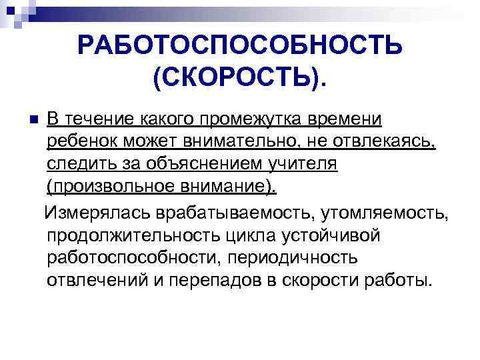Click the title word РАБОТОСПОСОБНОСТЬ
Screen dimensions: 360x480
click(239, 46)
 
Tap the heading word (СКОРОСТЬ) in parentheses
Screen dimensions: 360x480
click(237, 77)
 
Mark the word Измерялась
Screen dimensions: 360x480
click(97, 213)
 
